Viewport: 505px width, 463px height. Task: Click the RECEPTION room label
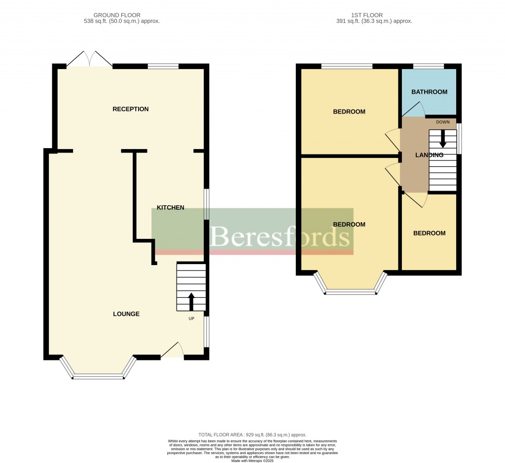click(x=130, y=109)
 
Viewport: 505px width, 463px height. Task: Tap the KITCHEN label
click(x=170, y=207)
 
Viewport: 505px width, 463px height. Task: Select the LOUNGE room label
click(x=126, y=314)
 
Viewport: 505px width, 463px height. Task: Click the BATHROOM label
click(x=429, y=92)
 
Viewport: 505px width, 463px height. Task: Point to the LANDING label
click(x=429, y=155)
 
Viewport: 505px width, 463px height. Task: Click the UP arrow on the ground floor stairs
click(x=191, y=302)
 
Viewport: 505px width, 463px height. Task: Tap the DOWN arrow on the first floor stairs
click(x=442, y=138)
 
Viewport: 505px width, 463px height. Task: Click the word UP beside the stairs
click(x=191, y=318)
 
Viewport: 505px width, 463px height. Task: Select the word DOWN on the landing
click(x=442, y=122)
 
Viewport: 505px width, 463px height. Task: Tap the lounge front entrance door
click(x=172, y=351)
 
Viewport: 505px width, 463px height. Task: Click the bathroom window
click(x=428, y=66)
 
